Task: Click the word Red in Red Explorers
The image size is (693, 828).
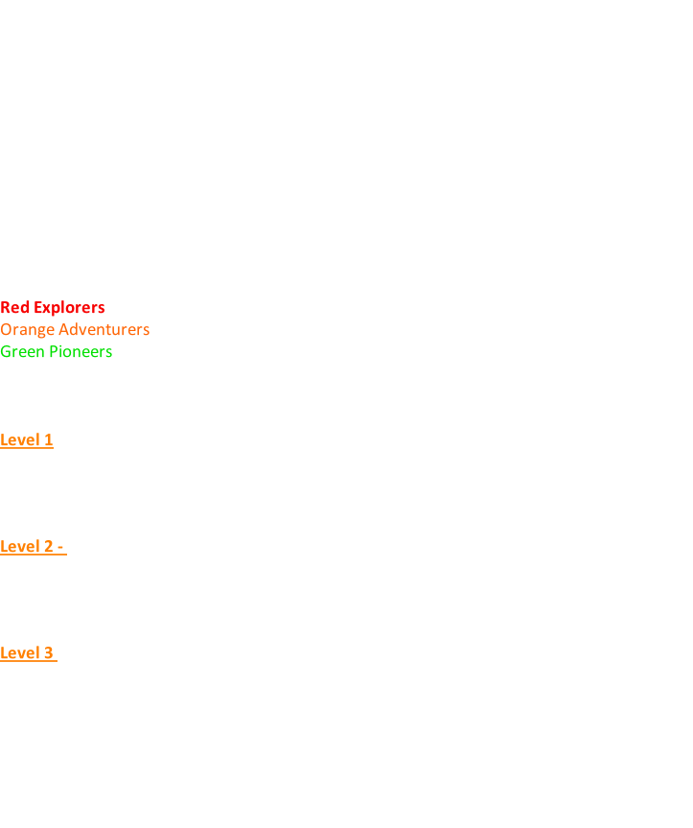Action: coord(13,308)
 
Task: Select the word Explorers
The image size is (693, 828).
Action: coord(67,308)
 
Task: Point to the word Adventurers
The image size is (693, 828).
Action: coord(104,330)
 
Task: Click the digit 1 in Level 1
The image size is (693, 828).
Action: coord(48,440)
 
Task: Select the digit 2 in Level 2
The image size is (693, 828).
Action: coord(48,547)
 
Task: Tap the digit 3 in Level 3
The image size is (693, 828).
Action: coord(48,653)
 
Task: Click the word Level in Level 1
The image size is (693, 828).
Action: coord(19,440)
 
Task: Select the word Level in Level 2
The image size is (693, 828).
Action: coord(19,547)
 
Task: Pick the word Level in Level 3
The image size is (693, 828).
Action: coord(19,653)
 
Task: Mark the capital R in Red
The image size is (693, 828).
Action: coord(5,308)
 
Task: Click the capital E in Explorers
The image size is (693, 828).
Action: coord(35,308)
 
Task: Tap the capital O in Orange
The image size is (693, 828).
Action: coord(6,330)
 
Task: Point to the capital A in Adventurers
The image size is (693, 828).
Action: coord(63,330)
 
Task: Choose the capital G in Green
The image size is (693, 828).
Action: coord(6,352)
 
